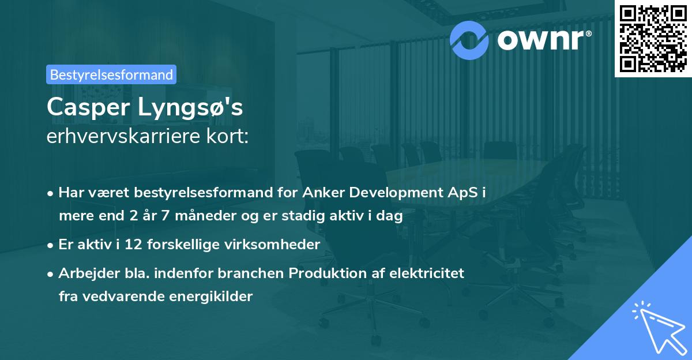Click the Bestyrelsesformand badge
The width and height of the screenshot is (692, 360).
[x=111, y=74]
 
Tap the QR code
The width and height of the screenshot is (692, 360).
[x=652, y=38]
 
